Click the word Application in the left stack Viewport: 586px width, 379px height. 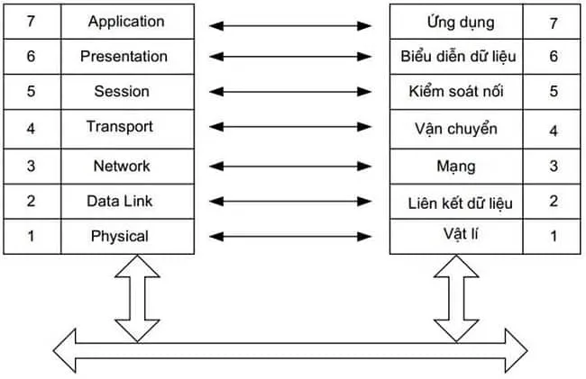tap(126, 21)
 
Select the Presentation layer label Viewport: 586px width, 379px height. tap(124, 56)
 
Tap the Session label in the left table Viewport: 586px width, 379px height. tap(122, 92)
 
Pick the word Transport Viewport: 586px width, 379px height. tap(120, 126)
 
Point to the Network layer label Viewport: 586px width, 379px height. tap(122, 166)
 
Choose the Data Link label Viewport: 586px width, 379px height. tap(119, 201)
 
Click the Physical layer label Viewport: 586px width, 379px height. tap(119, 236)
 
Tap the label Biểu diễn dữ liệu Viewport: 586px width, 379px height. tap(458, 57)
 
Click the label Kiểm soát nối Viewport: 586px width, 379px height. tap(458, 92)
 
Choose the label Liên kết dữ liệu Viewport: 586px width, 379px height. tap(460, 203)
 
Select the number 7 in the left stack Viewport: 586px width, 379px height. tap(31, 21)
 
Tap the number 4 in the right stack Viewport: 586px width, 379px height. tap(554, 130)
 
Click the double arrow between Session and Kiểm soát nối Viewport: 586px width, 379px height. tap(290, 92)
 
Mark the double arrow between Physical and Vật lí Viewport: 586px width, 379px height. tap(290, 236)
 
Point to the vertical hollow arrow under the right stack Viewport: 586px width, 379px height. tap(457, 297)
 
